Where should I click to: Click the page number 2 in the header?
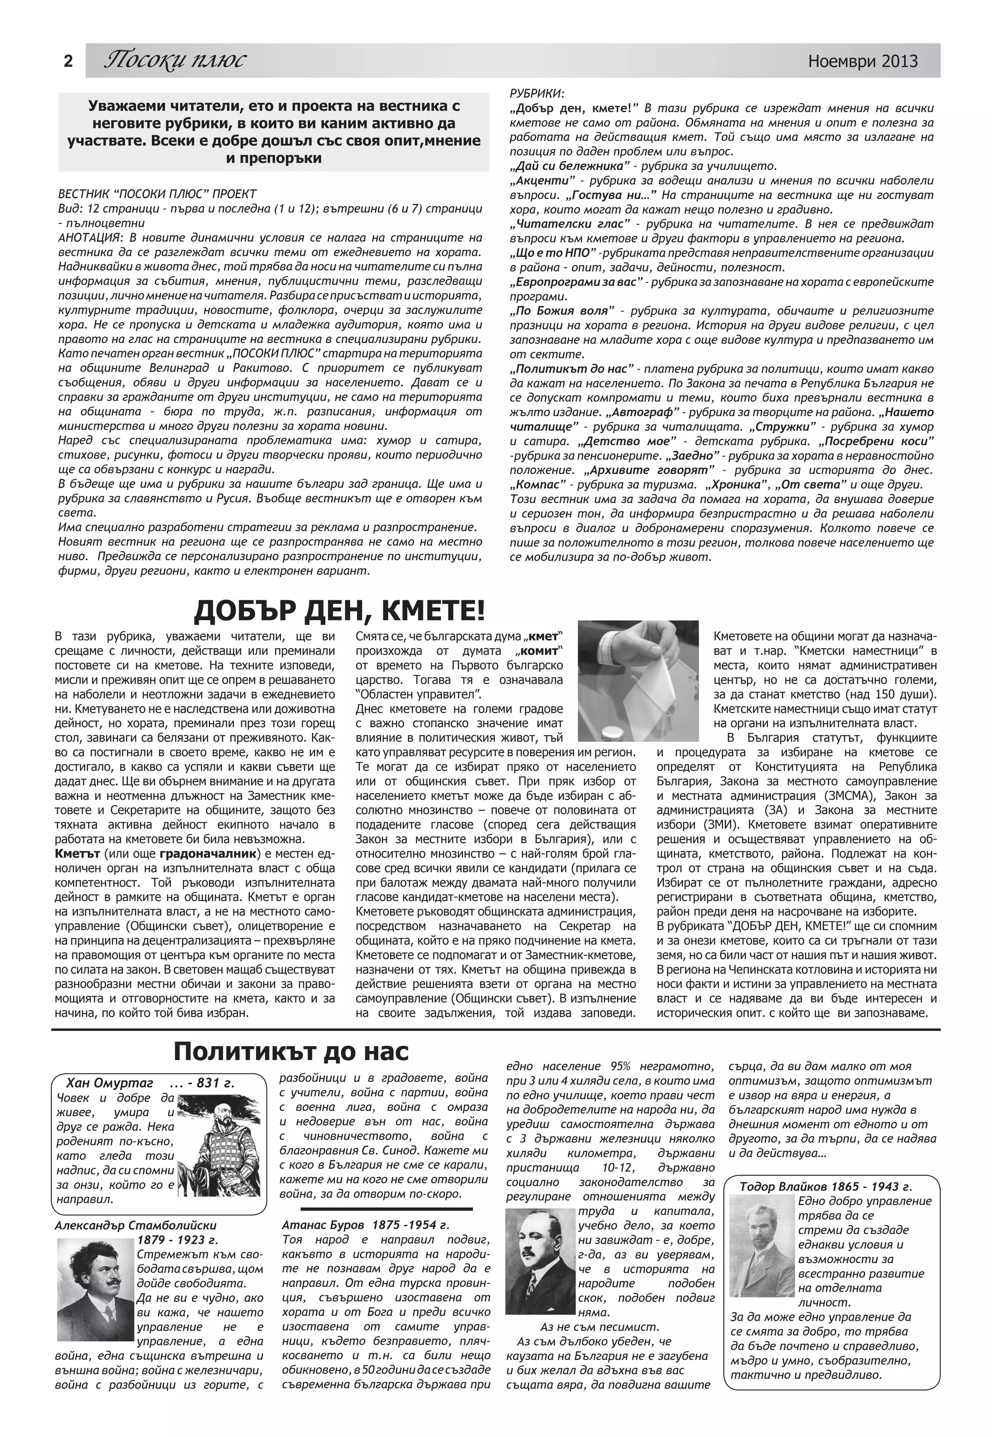[68, 62]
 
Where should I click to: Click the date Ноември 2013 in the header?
[863, 61]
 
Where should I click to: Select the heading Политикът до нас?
[291, 1052]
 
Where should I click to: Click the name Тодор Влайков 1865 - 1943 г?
[825, 1187]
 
